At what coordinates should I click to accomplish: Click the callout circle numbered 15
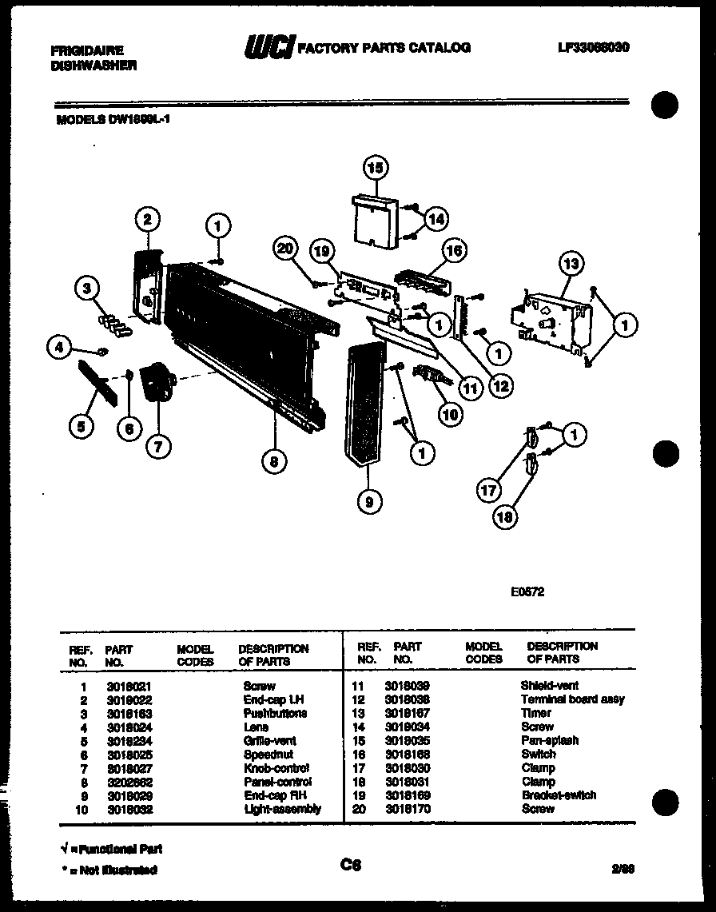[x=375, y=169]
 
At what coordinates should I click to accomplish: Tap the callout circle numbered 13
[x=572, y=264]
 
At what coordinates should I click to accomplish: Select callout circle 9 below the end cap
[x=369, y=501]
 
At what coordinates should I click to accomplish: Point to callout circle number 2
[x=147, y=219]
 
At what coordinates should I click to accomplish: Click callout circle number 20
[x=286, y=249]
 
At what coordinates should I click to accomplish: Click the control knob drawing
[x=156, y=384]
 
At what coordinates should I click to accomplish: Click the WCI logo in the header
[x=268, y=48]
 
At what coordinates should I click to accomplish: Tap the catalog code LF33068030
[x=594, y=47]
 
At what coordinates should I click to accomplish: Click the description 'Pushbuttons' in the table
[x=275, y=713]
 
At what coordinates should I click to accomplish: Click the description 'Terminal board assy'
[x=572, y=699]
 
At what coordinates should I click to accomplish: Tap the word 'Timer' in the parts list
[x=535, y=713]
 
